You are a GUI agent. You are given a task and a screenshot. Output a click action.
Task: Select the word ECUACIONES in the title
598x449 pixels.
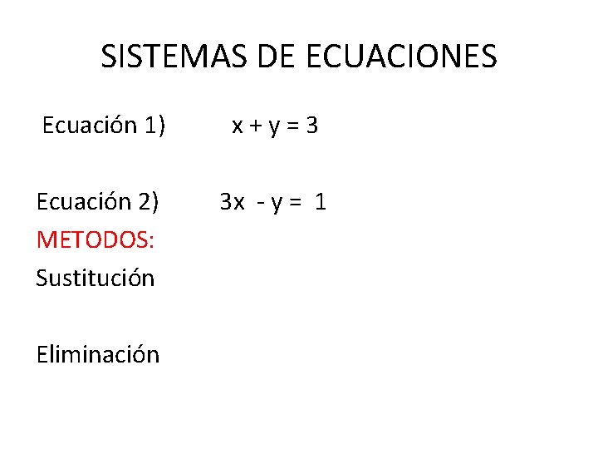[x=401, y=57]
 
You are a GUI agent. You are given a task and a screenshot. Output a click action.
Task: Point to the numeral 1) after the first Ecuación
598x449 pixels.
[x=154, y=126]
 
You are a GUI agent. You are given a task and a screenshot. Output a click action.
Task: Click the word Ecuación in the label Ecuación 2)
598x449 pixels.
[x=83, y=202]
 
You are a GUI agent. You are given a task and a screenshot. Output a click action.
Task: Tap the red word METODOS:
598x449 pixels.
[x=95, y=240]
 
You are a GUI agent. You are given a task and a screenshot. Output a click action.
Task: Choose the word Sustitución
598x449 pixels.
[x=95, y=278]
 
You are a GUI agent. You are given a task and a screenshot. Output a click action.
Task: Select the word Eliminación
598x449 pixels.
[x=97, y=354]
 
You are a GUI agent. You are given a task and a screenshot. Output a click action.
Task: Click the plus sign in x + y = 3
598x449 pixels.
[x=255, y=126]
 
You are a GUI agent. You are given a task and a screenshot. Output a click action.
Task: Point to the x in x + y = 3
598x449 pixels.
[x=238, y=126]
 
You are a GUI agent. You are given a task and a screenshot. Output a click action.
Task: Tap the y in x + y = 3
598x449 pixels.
[x=273, y=128]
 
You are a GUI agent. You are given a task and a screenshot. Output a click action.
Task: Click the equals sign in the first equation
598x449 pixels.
[x=292, y=126]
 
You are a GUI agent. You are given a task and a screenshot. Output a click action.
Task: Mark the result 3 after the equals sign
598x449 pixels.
[x=311, y=126]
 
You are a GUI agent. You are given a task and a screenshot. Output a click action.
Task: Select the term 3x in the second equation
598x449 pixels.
[x=232, y=202]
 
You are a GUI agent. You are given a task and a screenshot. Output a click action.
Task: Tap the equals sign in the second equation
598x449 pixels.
[x=297, y=203]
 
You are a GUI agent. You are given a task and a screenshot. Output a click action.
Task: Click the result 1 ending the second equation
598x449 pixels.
[x=321, y=202]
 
